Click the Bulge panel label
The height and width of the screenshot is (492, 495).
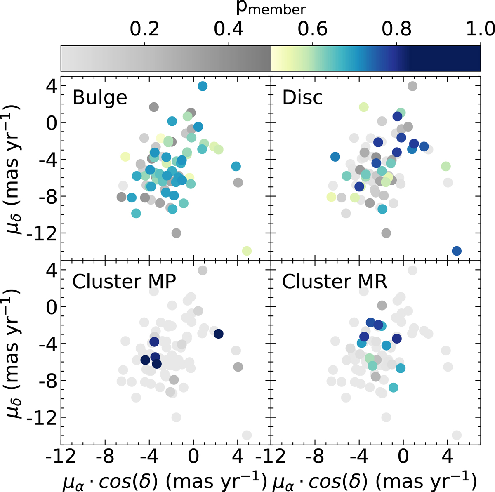[99, 98]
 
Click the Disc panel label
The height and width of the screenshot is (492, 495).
[302, 98]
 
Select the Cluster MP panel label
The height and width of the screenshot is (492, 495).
[125, 282]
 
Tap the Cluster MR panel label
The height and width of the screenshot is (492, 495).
[335, 282]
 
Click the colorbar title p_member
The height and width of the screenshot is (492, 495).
[271, 9]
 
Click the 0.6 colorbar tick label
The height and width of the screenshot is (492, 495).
[312, 30]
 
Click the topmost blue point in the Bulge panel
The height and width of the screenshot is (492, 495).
[203, 86]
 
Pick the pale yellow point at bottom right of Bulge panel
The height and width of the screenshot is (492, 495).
[247, 251]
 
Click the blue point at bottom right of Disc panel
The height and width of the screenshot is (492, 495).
[457, 251]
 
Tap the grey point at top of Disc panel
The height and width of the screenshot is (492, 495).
[412, 86]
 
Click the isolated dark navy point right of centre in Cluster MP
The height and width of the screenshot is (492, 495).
[218, 334]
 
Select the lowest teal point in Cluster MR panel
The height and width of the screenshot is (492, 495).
[393, 387]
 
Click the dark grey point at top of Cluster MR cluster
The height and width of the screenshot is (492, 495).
[382, 306]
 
